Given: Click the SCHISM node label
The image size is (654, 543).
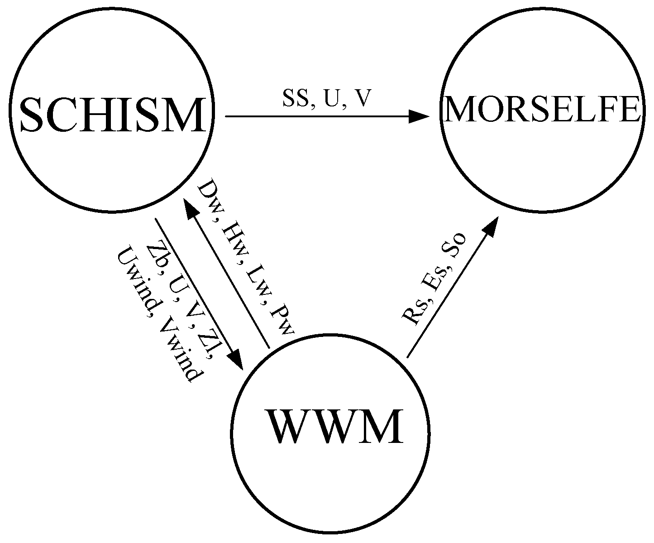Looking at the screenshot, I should (112, 115).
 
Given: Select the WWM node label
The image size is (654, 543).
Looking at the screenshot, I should (335, 428).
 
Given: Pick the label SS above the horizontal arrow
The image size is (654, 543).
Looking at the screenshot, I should (293, 99).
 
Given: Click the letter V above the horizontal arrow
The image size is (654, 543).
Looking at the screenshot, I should (363, 99).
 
